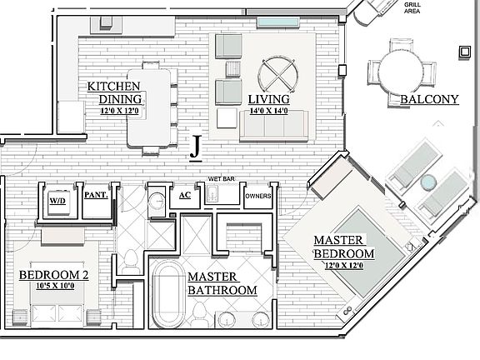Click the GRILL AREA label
click(412, 8)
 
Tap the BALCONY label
click(429, 99)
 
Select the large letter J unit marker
click(196, 147)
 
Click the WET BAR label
click(221, 179)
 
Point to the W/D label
click(57, 201)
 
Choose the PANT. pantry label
click(96, 195)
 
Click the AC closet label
click(185, 195)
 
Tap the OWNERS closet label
click(258, 196)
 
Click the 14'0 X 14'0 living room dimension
click(269, 111)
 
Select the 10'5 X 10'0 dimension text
click(55, 286)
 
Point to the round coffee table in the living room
click(278, 74)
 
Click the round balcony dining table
click(402, 72)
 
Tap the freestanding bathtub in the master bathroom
click(169, 295)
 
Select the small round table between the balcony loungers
click(428, 182)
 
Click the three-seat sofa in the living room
click(273, 126)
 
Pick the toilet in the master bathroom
click(200, 314)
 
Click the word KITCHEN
click(113, 87)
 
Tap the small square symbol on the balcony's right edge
click(465, 52)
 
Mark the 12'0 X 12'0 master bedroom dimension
click(344, 265)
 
